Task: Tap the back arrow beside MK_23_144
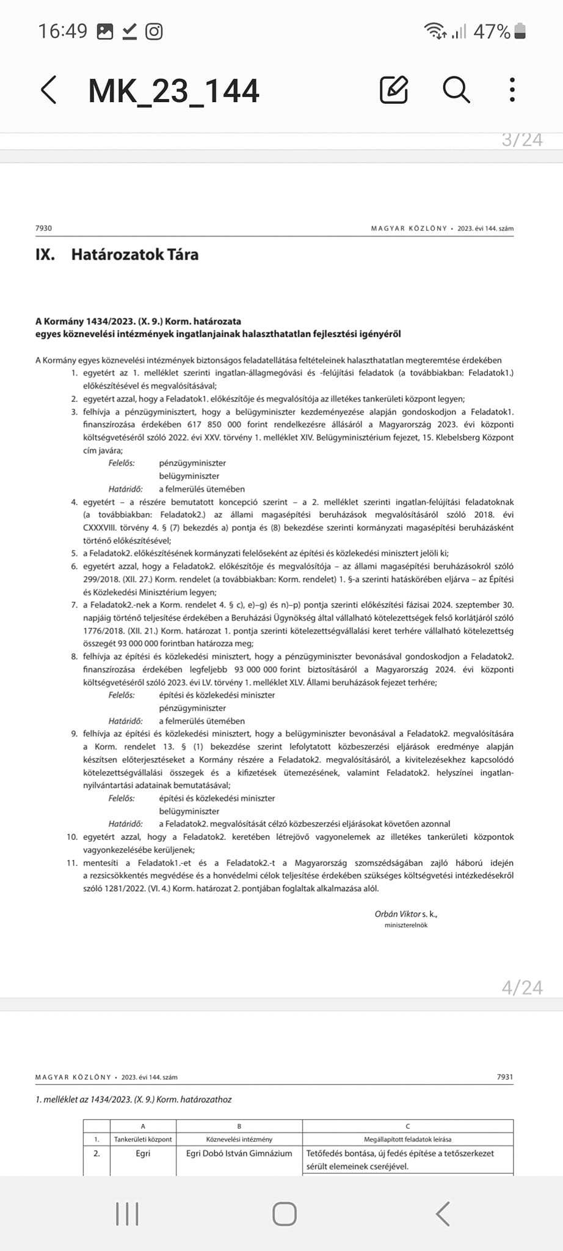[x=49, y=90]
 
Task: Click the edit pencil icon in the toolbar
[x=394, y=90]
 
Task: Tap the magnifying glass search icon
[x=456, y=90]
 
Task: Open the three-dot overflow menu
[x=512, y=90]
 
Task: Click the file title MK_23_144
[x=174, y=90]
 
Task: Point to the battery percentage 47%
[x=492, y=31]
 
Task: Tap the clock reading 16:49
[x=63, y=31]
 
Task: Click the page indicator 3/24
[x=522, y=140]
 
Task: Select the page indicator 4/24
[x=522, y=988]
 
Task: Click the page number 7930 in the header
[x=44, y=228]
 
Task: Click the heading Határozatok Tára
[x=134, y=254]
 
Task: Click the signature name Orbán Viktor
[x=398, y=914]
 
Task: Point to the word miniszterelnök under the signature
[x=406, y=925]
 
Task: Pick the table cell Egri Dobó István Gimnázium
[x=239, y=1153]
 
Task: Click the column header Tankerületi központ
[x=143, y=1139]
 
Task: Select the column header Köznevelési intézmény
[x=239, y=1139]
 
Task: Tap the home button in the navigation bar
[x=285, y=1214]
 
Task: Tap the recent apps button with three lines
[x=127, y=1214]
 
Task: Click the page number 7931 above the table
[x=505, y=1077]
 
